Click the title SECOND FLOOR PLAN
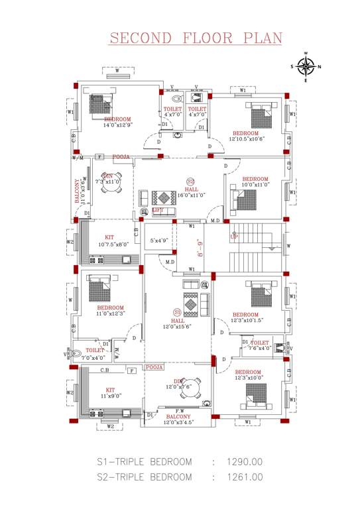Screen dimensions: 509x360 click(x=196, y=38)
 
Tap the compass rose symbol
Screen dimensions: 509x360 click(x=306, y=66)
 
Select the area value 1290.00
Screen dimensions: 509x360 click(x=245, y=462)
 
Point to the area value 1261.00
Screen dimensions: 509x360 click(x=245, y=477)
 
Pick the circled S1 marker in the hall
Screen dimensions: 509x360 click(x=177, y=312)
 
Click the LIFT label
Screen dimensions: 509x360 click(x=158, y=210)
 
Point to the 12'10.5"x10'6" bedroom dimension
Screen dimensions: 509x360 click(x=247, y=139)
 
